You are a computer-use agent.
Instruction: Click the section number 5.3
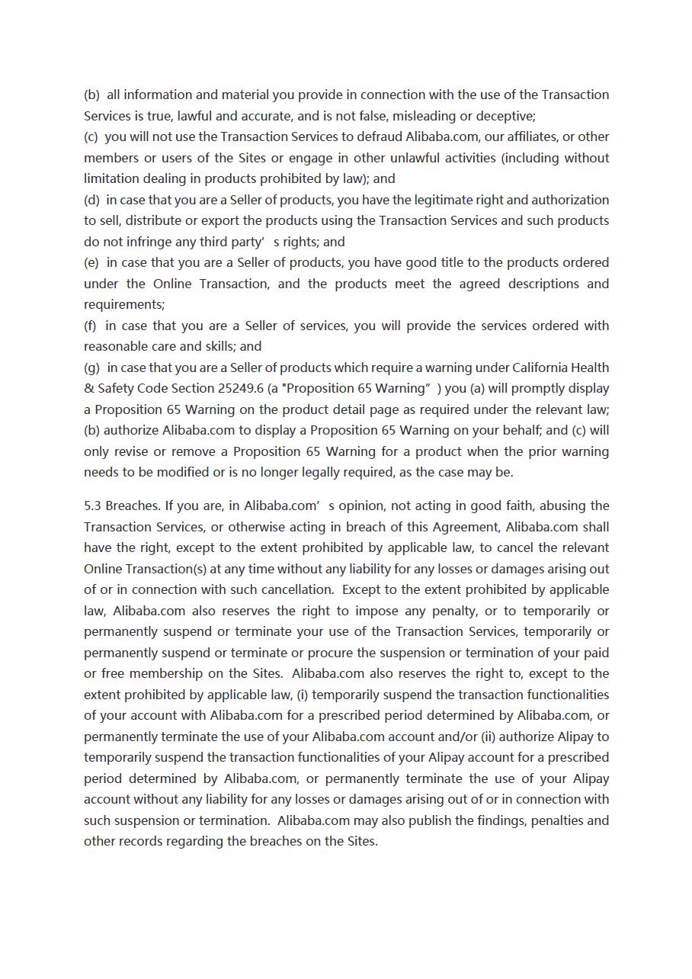[93, 506]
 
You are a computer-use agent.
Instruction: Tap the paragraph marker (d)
[91, 200]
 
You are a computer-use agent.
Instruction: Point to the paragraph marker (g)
[92, 368]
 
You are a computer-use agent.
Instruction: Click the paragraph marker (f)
[91, 326]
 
